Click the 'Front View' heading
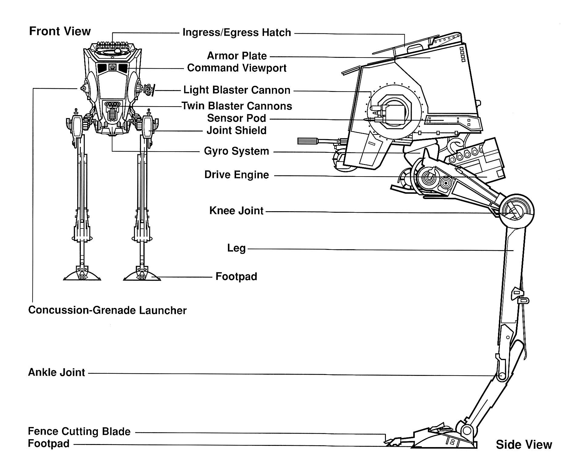point(60,31)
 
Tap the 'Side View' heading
point(524,445)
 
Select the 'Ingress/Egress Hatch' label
point(237,33)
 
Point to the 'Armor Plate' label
point(237,56)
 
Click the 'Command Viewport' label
point(237,68)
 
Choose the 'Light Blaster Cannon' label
point(237,90)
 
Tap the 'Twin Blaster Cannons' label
point(237,106)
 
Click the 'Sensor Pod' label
point(236,118)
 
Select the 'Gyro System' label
point(236,151)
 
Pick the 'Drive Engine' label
point(236,175)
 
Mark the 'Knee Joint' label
point(236,211)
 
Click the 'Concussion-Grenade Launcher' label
point(107,310)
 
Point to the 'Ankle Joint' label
point(57,372)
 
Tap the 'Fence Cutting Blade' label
point(79,431)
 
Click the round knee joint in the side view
point(516,211)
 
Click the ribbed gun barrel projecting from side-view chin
point(308,141)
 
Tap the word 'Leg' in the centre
point(236,248)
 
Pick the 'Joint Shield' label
point(236,131)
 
